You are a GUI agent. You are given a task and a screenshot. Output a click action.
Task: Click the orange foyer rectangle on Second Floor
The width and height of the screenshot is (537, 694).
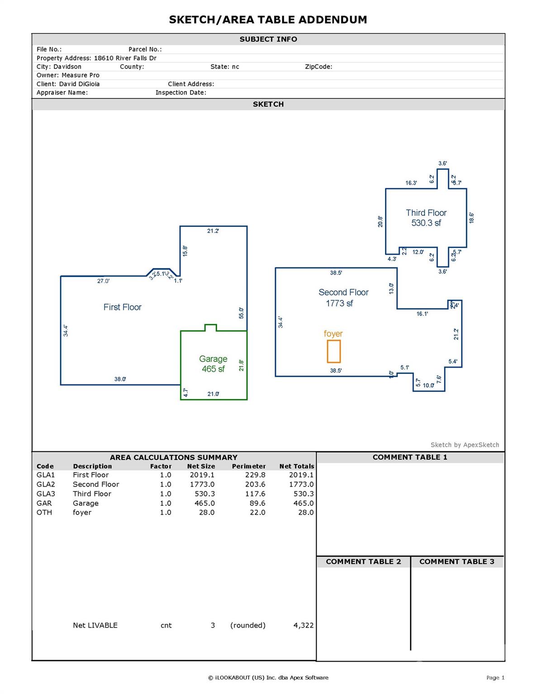(334, 352)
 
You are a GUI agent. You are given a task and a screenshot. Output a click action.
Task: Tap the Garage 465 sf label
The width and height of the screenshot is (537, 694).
(213, 364)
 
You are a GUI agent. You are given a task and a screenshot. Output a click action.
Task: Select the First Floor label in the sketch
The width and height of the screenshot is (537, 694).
(122, 307)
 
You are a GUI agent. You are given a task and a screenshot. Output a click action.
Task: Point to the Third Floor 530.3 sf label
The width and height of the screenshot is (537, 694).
(426, 218)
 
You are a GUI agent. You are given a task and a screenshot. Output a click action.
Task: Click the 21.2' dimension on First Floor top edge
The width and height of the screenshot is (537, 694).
(213, 231)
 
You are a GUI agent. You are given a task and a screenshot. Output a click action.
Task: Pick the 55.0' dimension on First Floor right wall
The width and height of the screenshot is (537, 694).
(242, 313)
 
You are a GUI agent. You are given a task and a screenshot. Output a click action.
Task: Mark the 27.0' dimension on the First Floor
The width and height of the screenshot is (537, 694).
(103, 281)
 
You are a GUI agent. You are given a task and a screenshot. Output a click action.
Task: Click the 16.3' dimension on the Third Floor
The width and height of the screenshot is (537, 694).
(411, 183)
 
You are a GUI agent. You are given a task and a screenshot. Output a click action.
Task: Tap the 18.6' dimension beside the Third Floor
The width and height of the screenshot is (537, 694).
(471, 218)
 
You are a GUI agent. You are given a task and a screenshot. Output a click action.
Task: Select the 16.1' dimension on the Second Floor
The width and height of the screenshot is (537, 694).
(422, 314)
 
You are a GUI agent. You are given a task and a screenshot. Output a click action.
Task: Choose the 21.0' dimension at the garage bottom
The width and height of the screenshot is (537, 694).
(213, 394)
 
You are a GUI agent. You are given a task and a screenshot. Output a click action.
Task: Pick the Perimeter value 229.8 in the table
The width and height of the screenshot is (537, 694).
(255, 475)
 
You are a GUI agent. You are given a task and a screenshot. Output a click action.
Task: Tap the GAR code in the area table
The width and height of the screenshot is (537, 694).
(44, 503)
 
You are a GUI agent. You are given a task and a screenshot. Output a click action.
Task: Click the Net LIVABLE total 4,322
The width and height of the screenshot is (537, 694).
(303, 625)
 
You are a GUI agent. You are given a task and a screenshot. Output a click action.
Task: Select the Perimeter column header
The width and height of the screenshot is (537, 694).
(249, 466)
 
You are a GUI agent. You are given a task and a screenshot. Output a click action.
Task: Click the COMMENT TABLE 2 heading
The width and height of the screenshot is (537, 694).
(363, 562)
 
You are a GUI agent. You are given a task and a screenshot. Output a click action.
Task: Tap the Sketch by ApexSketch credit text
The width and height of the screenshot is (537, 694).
(465, 445)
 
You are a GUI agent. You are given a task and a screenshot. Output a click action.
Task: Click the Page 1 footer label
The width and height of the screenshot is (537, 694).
(495, 678)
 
